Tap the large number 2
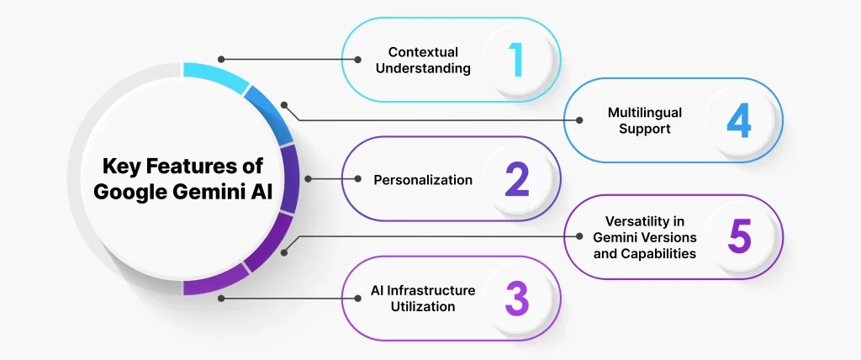point(515,179)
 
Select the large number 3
point(515,299)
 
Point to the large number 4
point(738,120)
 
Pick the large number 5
point(738,237)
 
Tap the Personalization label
point(423,180)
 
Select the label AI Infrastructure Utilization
point(423,299)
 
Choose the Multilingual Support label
point(645,120)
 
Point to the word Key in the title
point(119,166)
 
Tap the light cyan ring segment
point(214,75)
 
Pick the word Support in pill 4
point(645,130)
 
